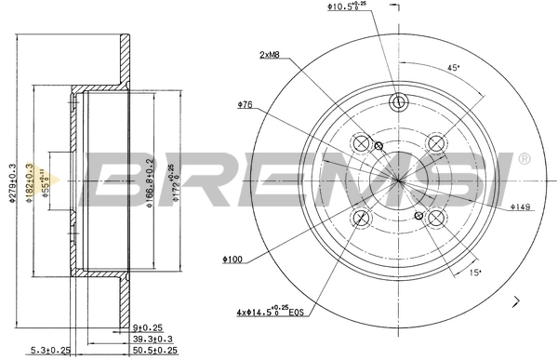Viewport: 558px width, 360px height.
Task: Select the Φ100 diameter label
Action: (x=233, y=259)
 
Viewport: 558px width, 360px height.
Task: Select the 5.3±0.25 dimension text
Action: (x=52, y=351)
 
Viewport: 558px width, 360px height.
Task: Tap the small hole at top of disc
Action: (x=399, y=102)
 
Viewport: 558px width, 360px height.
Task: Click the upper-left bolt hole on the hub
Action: (x=363, y=143)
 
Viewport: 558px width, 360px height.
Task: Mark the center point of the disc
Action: (x=399, y=180)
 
